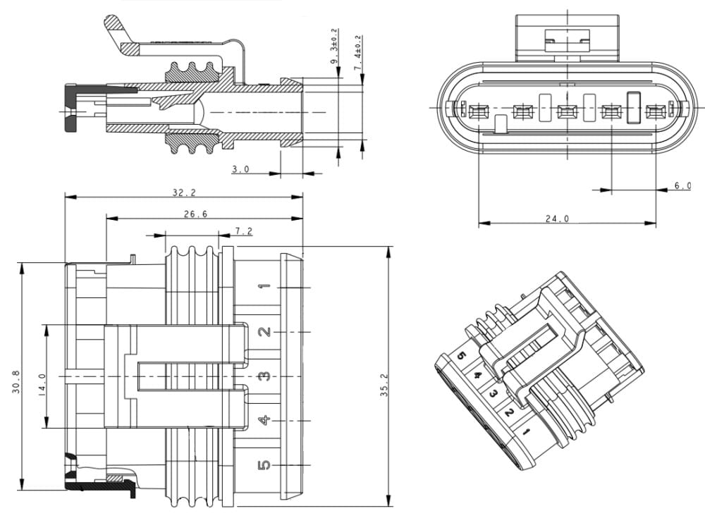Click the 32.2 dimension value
coord(183,192)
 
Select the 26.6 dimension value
coord(195,214)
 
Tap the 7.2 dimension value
coord(243,230)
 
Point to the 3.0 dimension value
coord(241,170)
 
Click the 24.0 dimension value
coord(557,219)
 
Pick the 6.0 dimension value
coord(682,185)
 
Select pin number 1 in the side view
coord(264,287)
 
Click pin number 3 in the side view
coord(264,376)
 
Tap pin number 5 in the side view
coord(264,465)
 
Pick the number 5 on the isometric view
coord(462,356)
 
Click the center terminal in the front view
coord(567,111)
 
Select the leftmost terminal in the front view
coord(479,111)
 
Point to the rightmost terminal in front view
coord(656,111)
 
